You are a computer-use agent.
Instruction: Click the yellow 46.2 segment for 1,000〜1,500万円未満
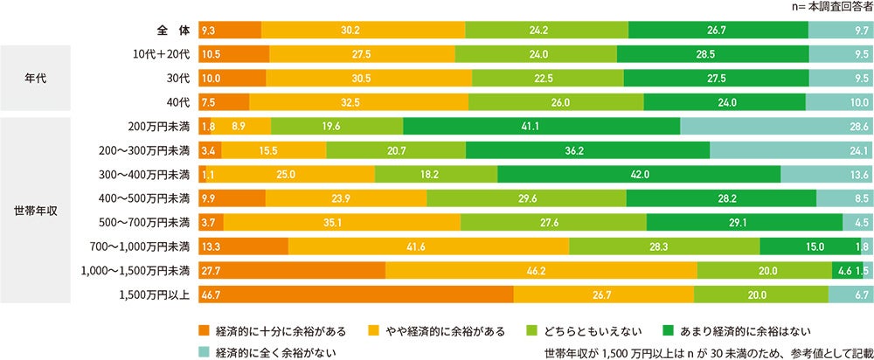coord(541,271)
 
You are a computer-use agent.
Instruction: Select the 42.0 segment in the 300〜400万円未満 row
coord(638,175)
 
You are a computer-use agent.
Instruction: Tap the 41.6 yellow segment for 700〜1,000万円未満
coord(428,246)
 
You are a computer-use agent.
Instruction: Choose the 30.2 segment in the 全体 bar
coord(363,31)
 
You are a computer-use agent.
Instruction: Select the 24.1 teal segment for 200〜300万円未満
coord(792,150)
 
